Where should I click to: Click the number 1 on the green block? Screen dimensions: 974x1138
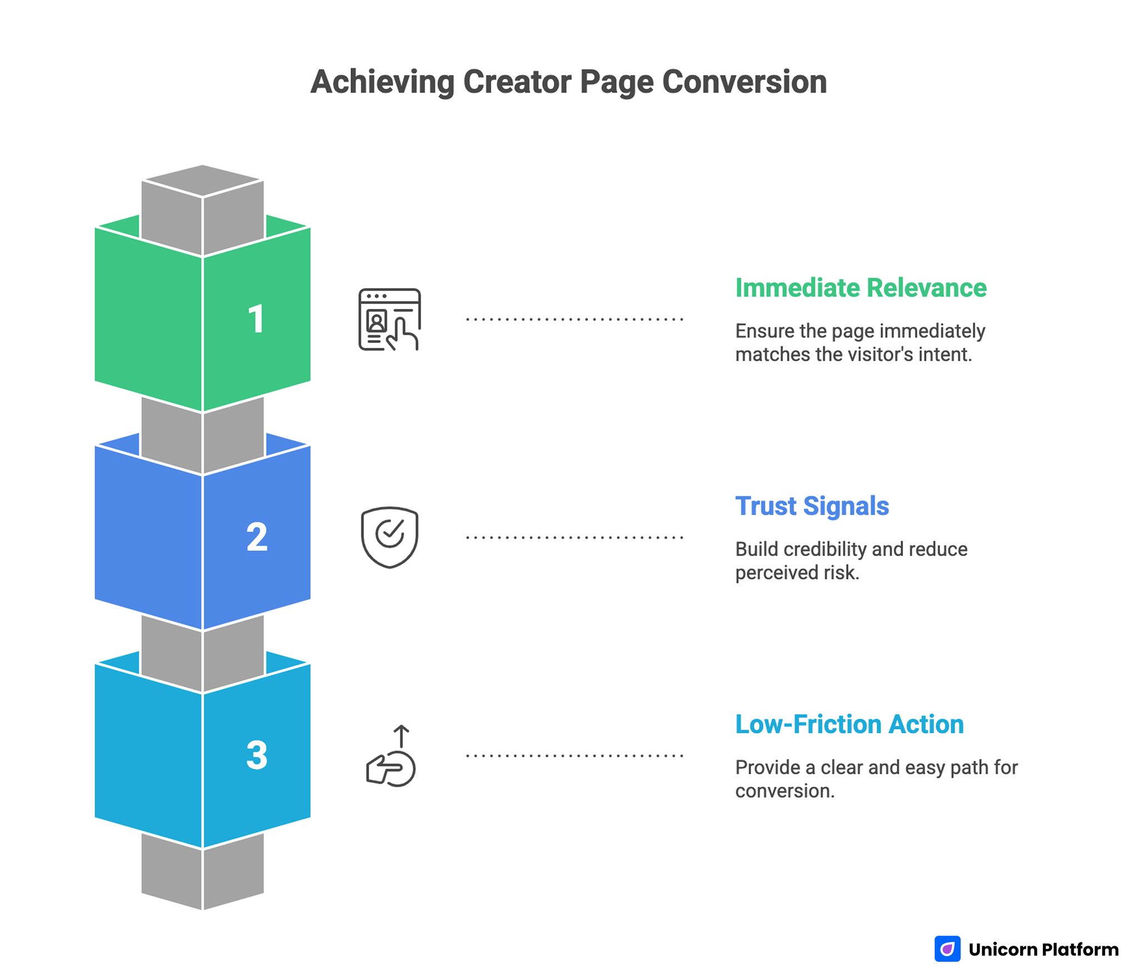pos(256,319)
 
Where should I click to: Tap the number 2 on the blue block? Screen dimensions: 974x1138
pos(257,537)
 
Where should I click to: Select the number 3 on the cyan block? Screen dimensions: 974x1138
pos(257,755)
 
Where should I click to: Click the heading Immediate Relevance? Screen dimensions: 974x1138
pos(860,288)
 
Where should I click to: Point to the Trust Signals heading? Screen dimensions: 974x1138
pos(811,506)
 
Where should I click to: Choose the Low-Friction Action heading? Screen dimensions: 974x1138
pos(849,725)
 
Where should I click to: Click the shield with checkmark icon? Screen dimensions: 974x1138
pos(390,537)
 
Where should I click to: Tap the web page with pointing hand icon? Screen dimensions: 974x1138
pos(389,319)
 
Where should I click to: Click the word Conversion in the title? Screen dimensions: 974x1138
pos(744,82)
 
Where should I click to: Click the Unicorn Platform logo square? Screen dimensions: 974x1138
pos(947,948)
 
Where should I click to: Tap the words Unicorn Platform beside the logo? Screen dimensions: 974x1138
pos(1043,950)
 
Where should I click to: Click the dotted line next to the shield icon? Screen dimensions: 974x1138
pos(574,537)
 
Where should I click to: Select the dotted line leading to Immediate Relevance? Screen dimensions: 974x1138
pos(574,319)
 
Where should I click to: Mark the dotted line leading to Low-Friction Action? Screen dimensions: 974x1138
pos(574,756)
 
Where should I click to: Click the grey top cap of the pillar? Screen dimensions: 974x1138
pos(202,181)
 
